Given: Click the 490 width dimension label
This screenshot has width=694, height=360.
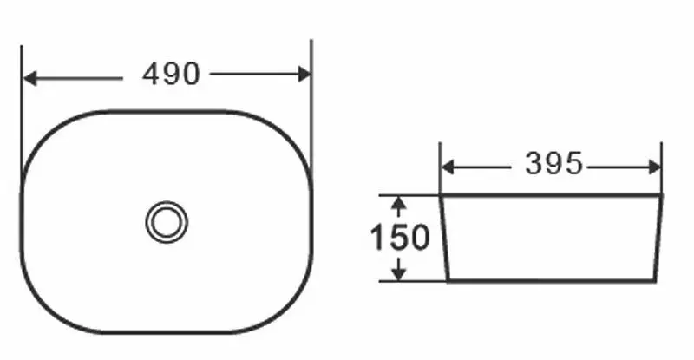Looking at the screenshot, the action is pyautogui.click(x=171, y=74).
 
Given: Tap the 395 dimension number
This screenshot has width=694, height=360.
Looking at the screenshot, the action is pyautogui.click(x=553, y=163).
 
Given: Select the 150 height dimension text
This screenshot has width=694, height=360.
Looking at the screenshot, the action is pyautogui.click(x=400, y=238).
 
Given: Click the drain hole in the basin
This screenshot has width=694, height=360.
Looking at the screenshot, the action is pyautogui.click(x=167, y=222).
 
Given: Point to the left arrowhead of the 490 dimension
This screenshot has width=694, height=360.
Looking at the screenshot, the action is pyautogui.click(x=29, y=79).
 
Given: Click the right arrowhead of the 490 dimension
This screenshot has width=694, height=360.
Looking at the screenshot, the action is pyautogui.click(x=304, y=74).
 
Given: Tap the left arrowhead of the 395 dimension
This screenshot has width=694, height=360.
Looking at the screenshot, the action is pyautogui.click(x=448, y=167).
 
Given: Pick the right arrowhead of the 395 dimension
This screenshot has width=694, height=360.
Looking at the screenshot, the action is pyautogui.click(x=654, y=167).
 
